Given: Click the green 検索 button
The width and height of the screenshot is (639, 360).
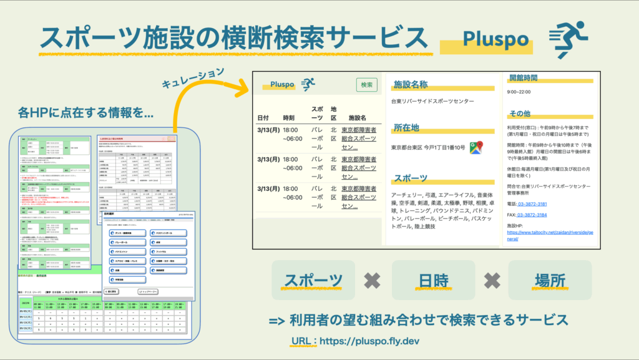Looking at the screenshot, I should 367,85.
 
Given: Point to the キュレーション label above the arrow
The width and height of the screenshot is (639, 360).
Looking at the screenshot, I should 192,80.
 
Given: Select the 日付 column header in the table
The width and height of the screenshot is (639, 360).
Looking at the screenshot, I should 263,118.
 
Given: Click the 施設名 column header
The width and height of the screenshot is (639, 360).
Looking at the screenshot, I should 357,118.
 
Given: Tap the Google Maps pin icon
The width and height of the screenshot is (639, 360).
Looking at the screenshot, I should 477,147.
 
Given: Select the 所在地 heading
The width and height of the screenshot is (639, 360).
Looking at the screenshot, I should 406,128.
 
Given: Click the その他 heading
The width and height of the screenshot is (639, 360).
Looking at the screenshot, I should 520,114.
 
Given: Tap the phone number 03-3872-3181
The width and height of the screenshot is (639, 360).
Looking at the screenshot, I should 532,204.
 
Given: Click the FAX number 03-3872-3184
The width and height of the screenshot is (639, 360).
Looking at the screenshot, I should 532,215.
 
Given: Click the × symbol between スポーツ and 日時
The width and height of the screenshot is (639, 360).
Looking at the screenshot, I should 373,281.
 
